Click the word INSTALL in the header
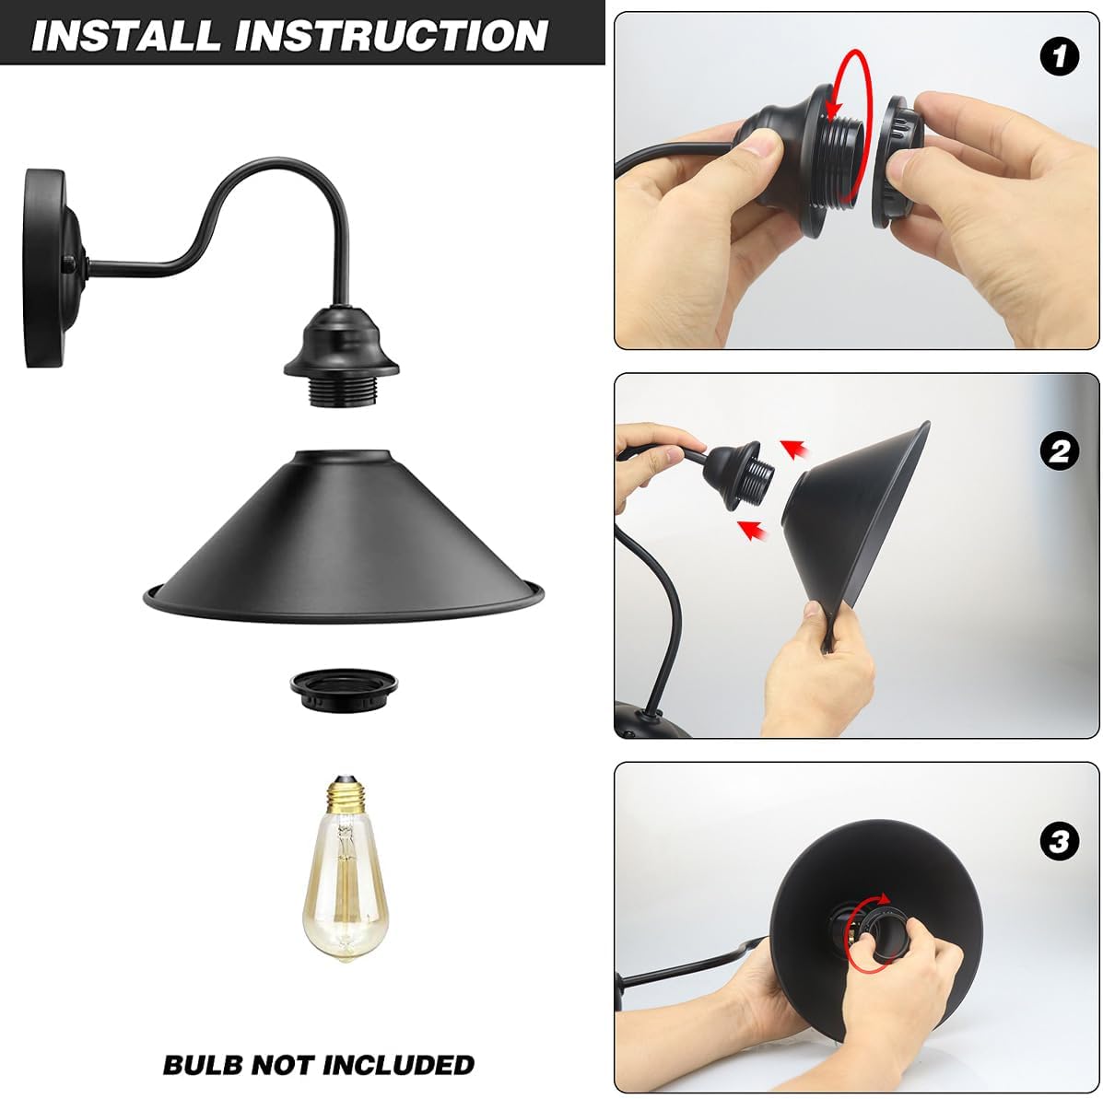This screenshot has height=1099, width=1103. point(127,35)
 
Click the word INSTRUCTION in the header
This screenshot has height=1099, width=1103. point(391,35)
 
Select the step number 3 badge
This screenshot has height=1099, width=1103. point(1060,841)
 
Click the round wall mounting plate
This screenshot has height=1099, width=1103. point(49,267)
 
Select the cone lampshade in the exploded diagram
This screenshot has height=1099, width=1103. point(344,538)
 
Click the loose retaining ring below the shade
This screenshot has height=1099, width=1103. point(344,691)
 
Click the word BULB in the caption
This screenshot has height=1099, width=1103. point(203,1065)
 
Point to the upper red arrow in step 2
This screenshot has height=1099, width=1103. point(795,450)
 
